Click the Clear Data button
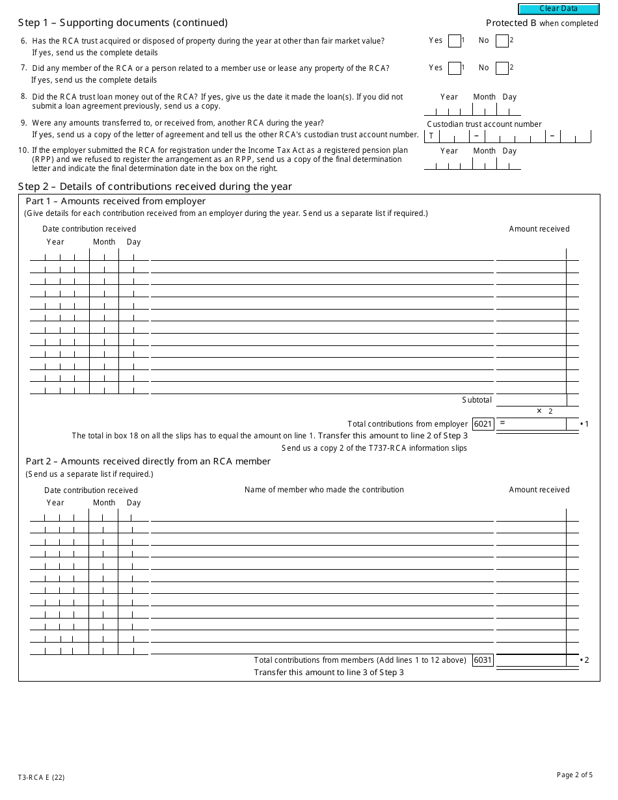pyautogui.click(x=558, y=9)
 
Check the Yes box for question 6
pyautogui.click(x=454, y=41)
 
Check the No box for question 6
pyautogui.click(x=502, y=41)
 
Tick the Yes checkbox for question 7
pyautogui.click(x=454, y=68)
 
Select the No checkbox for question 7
pyautogui.click(x=502, y=68)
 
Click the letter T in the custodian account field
pyautogui.click(x=431, y=137)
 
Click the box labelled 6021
pyautogui.click(x=483, y=424)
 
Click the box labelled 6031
pyautogui.click(x=483, y=660)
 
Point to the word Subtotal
pyautogui.click(x=477, y=400)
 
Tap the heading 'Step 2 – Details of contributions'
pyautogui.click(x=155, y=187)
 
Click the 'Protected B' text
pyautogui.click(x=511, y=23)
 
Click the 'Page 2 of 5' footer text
pyautogui.click(x=574, y=775)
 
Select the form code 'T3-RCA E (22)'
pyautogui.click(x=41, y=777)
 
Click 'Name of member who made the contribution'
pyautogui.click(x=324, y=490)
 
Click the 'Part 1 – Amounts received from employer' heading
pyautogui.click(x=115, y=201)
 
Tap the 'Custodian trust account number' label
pyautogui.click(x=484, y=124)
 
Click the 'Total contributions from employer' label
pyautogui.click(x=407, y=424)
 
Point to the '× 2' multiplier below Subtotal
pyautogui.click(x=544, y=411)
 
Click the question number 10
pyautogui.click(x=23, y=150)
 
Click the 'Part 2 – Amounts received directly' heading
pyautogui.click(x=148, y=461)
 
